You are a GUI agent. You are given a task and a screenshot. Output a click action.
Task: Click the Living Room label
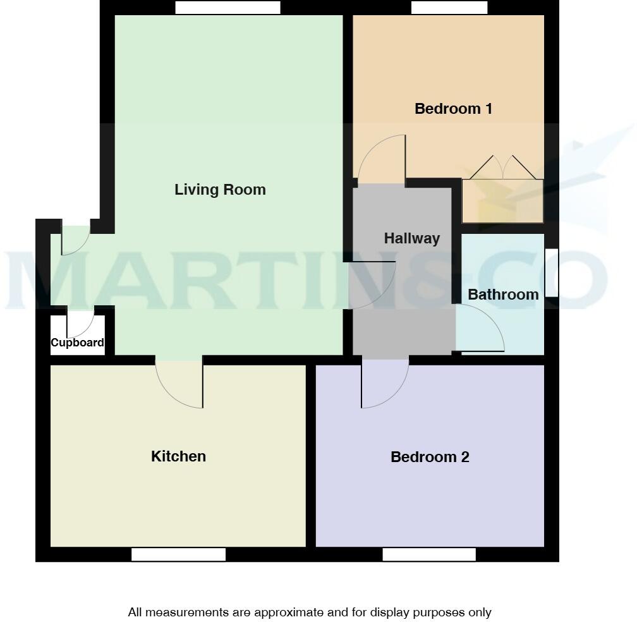point(220,190)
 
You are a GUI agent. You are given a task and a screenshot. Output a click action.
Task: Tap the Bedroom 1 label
point(453,109)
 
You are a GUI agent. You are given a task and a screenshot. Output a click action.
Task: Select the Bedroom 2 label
point(430,457)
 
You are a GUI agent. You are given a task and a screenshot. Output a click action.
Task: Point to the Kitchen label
point(178,456)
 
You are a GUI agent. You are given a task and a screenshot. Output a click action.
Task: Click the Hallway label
point(411,238)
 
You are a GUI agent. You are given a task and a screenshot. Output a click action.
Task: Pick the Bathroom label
point(503,295)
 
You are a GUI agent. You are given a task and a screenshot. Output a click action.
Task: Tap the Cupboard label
point(77,343)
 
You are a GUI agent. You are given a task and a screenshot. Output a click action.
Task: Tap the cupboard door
point(81,324)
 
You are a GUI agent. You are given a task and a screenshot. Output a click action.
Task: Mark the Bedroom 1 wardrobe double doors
point(502,168)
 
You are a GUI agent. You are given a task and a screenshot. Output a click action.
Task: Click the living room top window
point(227,8)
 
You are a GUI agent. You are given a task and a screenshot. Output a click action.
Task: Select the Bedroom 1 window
point(449,8)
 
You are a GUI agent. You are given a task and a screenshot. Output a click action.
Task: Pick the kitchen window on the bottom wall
point(178,554)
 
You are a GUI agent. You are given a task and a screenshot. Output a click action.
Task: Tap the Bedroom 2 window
point(429,554)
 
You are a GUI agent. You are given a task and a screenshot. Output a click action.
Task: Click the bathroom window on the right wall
point(552,273)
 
